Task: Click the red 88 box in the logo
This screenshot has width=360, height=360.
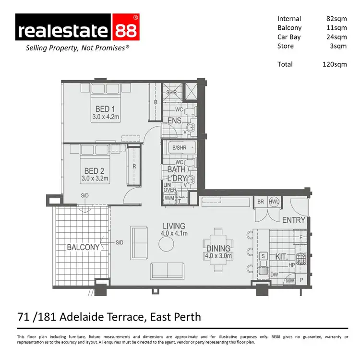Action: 125,30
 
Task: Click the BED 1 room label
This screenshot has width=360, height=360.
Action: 102,109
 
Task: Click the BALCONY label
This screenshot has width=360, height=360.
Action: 84,247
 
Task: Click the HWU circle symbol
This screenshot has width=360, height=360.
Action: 274,202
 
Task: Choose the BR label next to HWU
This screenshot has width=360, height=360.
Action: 261,202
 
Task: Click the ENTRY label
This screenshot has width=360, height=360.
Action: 294,220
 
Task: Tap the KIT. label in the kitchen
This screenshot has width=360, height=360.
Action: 281,257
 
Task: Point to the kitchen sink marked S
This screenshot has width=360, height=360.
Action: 264,256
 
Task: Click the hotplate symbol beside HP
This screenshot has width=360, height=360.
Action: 301,260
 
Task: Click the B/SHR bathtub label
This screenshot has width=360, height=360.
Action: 179,147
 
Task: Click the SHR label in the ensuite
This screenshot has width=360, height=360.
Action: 171,92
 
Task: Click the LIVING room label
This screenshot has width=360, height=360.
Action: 174,226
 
